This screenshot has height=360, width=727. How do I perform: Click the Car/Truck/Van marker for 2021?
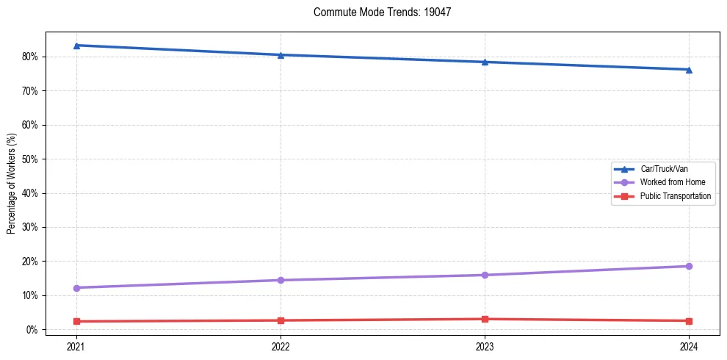pos(76,46)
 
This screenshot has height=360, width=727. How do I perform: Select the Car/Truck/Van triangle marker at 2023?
pos(485,62)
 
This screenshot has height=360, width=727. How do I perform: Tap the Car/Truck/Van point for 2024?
pos(689,70)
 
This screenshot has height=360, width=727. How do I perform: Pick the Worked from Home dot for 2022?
pos(281,280)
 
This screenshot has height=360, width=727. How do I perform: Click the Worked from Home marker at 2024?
pos(689,266)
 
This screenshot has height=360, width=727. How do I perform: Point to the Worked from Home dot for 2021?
pos(76,288)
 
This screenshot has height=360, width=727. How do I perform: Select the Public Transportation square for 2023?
pos(485,319)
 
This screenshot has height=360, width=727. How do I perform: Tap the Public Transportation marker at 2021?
pos(76,321)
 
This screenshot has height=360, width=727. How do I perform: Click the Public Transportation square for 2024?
pos(689,321)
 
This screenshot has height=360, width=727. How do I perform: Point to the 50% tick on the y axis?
pos(30,159)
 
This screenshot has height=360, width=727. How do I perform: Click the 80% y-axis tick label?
pos(30,57)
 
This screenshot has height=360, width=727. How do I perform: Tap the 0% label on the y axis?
pos(32,330)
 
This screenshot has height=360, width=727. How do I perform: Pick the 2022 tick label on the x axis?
pos(281,346)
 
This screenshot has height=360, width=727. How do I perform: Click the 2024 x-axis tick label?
pos(689,346)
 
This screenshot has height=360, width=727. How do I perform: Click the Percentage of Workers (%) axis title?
pos(12,183)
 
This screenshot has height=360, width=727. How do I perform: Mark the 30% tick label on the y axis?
pos(30,227)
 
